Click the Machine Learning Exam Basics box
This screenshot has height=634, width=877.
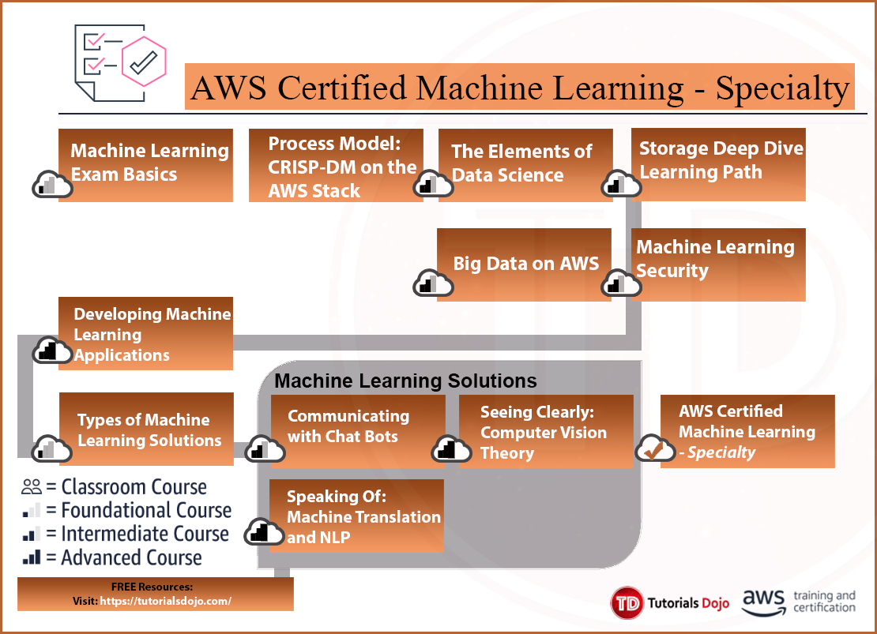click(146, 164)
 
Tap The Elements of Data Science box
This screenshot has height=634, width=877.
click(525, 164)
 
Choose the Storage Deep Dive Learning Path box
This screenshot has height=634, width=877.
click(718, 163)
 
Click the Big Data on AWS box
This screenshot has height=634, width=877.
click(525, 264)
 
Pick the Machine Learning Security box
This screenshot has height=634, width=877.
click(718, 264)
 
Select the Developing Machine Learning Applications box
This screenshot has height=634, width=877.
click(146, 335)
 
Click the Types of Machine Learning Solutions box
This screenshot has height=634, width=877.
click(147, 430)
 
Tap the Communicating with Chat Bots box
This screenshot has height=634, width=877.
click(358, 427)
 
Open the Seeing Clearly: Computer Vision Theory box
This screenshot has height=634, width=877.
click(546, 432)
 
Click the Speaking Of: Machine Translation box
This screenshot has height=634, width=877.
click(356, 516)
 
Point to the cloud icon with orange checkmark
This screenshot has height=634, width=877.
click(653, 448)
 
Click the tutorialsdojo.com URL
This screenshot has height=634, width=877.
click(166, 601)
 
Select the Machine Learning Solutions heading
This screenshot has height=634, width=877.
click(405, 381)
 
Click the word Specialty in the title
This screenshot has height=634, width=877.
click(781, 87)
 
